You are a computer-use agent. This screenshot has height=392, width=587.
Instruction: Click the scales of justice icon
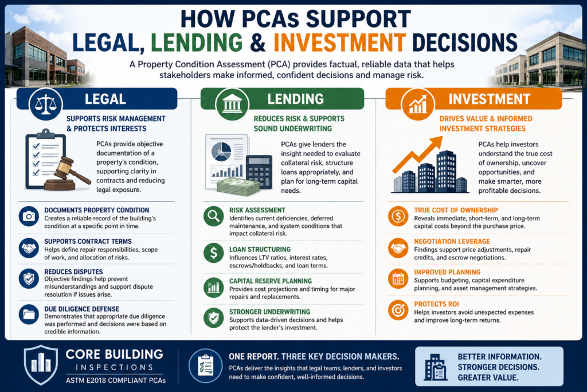46,104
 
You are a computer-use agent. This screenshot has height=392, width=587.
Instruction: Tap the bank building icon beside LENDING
232,104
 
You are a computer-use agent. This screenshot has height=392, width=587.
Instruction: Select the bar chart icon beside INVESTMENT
418,104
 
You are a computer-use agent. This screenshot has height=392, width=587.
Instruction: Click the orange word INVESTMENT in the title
339,42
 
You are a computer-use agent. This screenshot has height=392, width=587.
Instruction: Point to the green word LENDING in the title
197,42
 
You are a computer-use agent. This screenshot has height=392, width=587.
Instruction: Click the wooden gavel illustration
68,174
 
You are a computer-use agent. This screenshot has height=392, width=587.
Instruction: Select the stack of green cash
238,187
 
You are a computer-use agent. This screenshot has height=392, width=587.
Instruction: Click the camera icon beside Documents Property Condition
29,216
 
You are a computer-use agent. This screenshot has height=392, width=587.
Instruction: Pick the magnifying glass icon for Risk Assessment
214,216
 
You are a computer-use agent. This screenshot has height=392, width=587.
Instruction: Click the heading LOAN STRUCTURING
260,249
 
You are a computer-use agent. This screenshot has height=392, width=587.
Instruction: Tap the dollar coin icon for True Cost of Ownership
398,216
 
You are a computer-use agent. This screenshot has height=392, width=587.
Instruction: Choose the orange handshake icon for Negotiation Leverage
398,248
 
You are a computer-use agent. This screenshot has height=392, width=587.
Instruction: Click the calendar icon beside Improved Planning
398,279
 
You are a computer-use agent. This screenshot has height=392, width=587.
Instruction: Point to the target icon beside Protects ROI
398,310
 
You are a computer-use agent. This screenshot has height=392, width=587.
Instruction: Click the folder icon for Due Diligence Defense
29,314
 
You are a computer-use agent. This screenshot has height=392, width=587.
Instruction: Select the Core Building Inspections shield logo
41,365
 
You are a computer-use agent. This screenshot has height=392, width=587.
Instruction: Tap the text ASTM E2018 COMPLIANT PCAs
116,381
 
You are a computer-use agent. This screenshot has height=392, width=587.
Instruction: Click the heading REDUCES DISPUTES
73,271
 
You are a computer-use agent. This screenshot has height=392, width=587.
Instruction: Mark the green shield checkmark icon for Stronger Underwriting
214,318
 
